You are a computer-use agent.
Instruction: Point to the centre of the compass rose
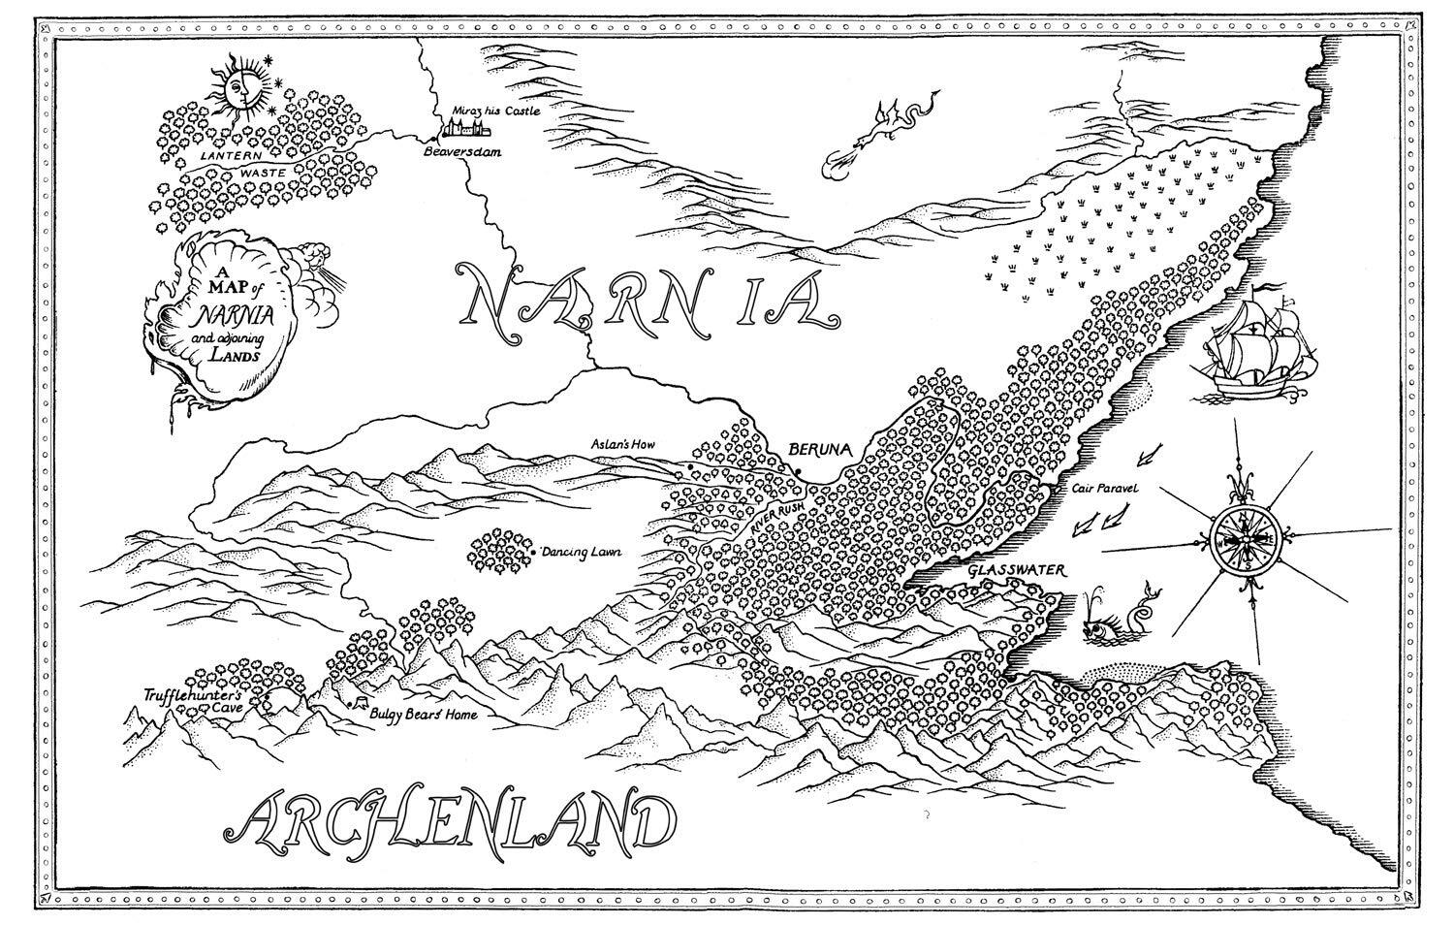pos(1245,539)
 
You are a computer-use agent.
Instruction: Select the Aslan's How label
pos(623,445)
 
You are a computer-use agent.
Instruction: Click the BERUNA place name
pos(819,450)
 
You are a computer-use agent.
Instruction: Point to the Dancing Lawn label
pos(582,553)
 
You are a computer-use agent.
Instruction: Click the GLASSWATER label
pos(1017,572)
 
